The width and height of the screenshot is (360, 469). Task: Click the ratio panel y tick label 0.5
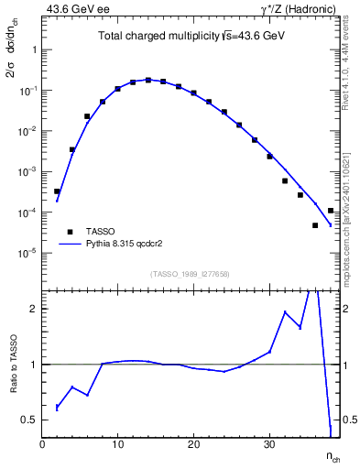point(28,420)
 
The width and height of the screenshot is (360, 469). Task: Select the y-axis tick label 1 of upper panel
point(34,50)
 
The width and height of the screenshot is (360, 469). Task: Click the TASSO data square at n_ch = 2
point(57,191)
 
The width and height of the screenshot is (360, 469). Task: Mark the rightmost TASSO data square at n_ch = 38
point(331,211)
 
